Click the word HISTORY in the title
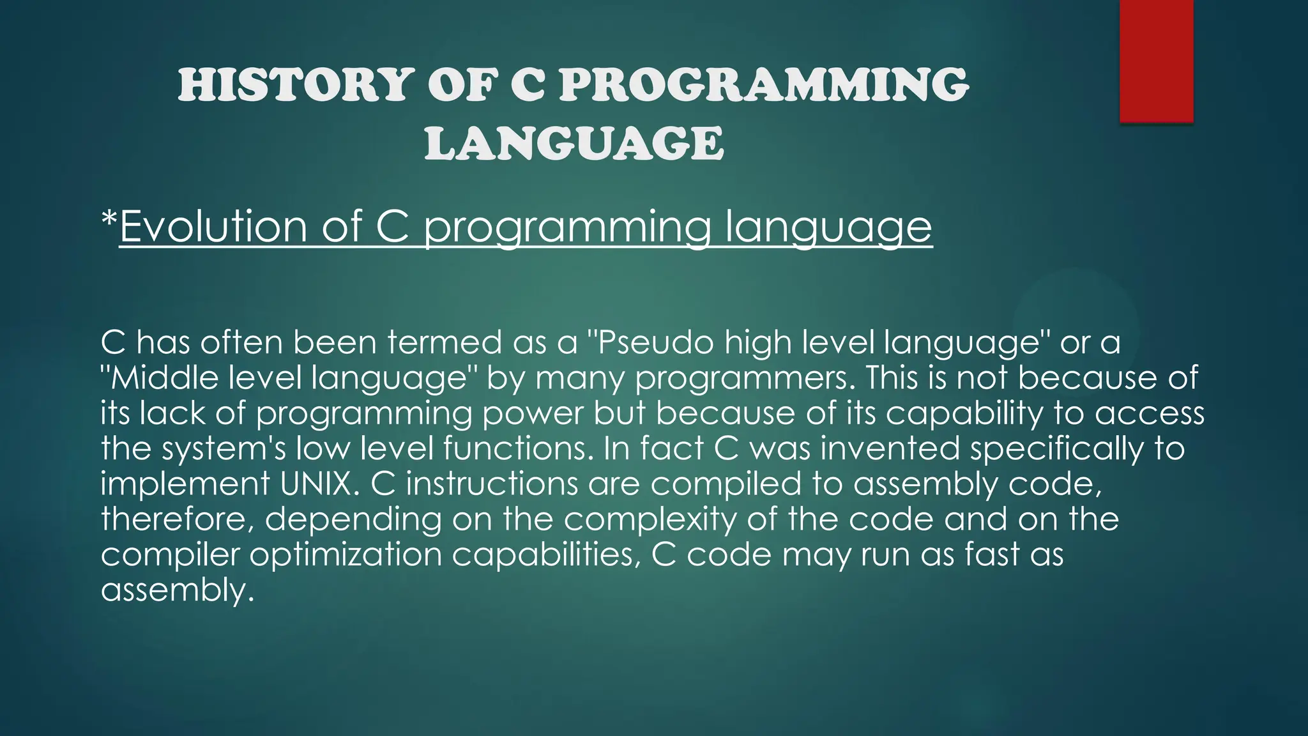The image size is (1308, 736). [296, 85]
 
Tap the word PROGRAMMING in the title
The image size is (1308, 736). [764, 85]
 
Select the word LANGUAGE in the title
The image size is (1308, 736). [574, 142]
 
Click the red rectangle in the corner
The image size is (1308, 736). [1156, 61]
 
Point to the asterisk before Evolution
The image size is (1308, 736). [109, 222]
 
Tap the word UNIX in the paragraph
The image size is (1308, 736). [316, 484]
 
